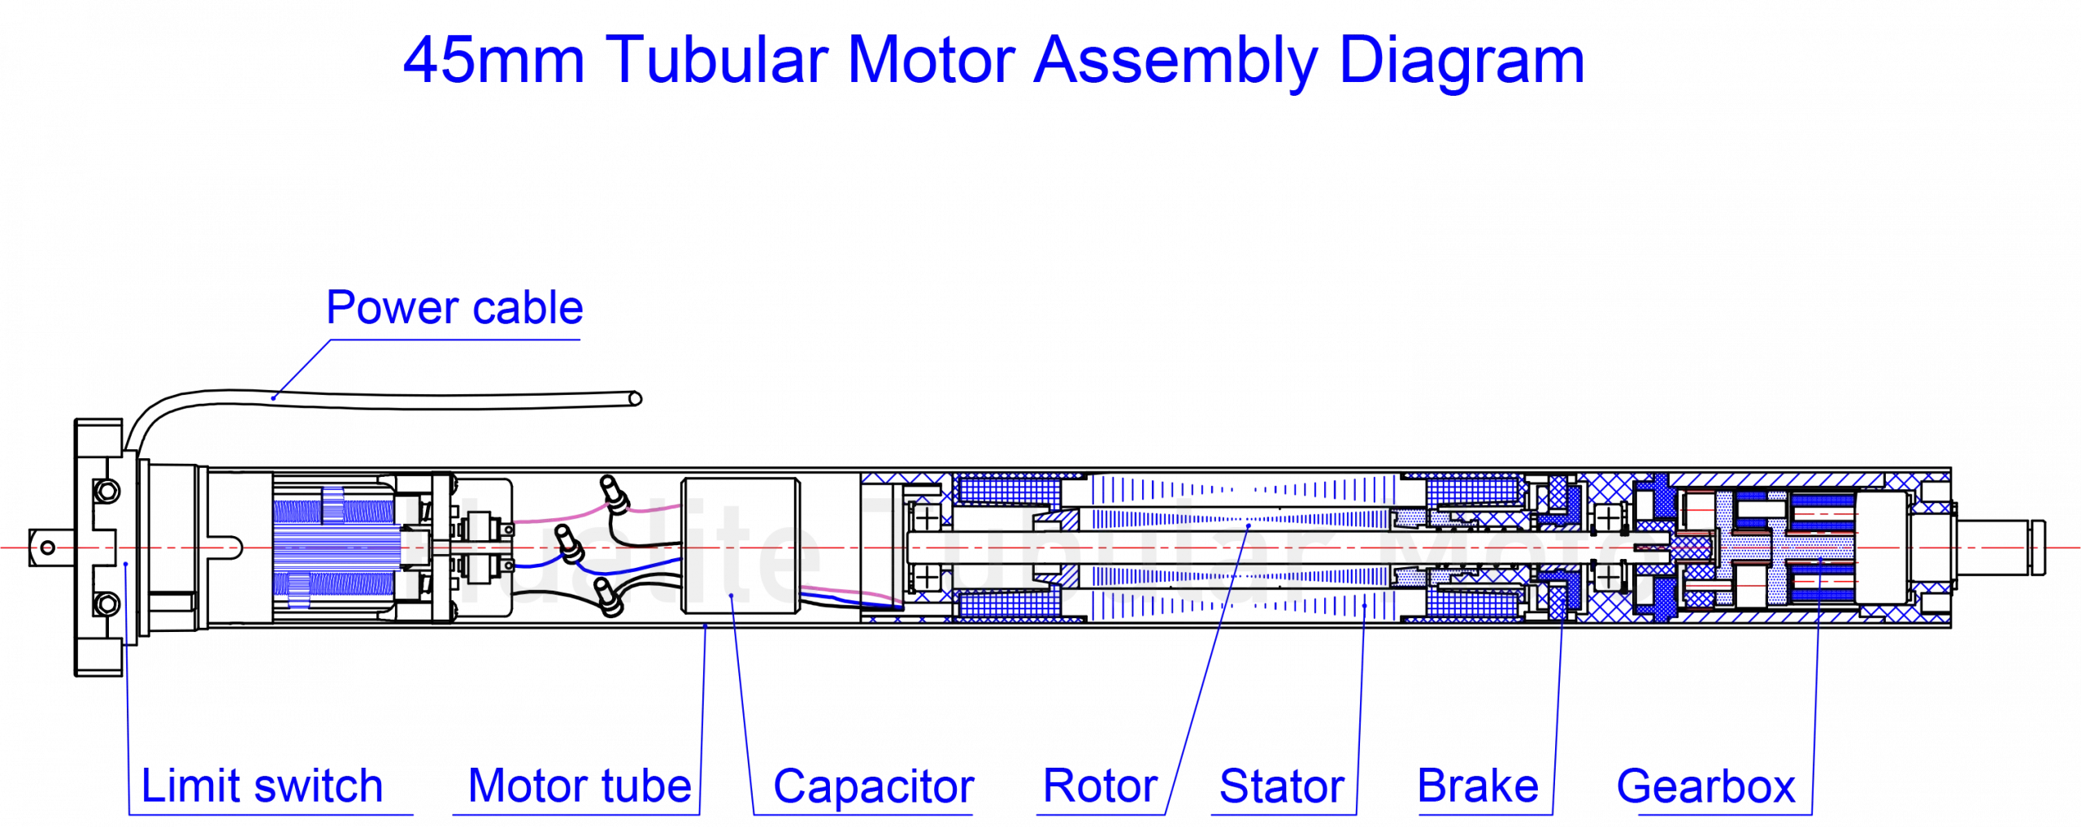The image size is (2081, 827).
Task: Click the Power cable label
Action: [454, 308]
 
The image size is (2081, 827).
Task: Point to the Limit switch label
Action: [262, 786]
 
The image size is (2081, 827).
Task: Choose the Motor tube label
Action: [579, 786]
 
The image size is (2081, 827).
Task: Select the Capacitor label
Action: [873, 786]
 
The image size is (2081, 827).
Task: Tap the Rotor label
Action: [1100, 786]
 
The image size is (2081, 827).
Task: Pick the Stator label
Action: [1282, 786]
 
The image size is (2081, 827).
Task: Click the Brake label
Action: [1477, 786]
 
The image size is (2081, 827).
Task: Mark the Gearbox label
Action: [1706, 786]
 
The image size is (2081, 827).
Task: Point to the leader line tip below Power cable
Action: [274, 398]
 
